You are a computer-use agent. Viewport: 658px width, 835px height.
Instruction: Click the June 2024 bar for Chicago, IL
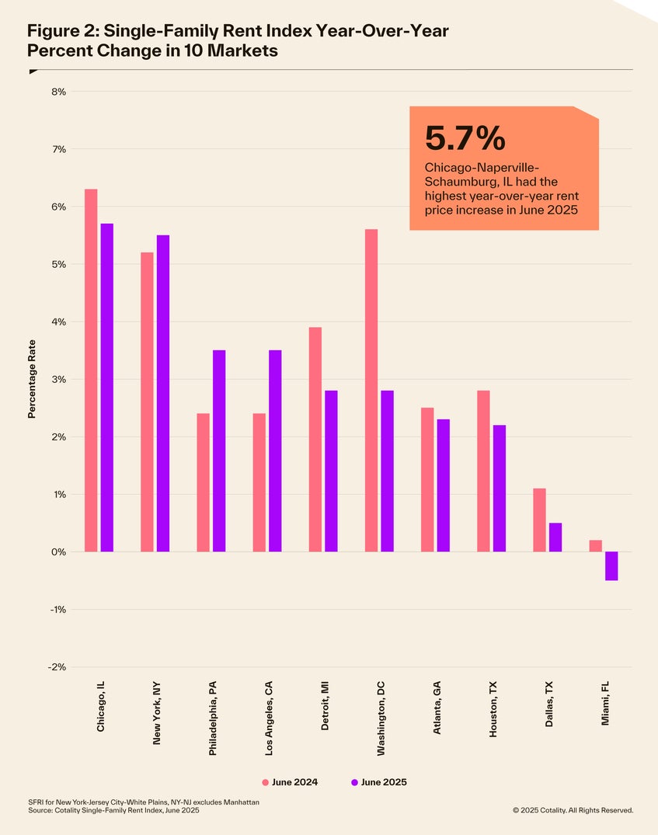pos(91,371)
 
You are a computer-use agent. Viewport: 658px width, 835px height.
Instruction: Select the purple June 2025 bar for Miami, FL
pos(611,566)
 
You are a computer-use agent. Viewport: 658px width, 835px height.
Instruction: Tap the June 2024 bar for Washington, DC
pos(371,391)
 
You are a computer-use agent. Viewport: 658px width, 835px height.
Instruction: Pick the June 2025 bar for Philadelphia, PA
pos(219,451)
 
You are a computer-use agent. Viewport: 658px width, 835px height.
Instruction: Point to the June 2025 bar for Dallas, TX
pos(555,538)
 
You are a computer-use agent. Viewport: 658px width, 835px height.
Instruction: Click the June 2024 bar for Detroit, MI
pos(315,440)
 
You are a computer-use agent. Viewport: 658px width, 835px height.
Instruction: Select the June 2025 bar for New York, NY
pos(163,394)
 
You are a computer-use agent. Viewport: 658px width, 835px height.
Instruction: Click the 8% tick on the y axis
pos(58,92)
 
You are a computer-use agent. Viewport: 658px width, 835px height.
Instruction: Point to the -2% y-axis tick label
pos(57,667)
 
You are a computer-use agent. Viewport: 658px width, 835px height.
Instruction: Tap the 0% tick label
pos(58,552)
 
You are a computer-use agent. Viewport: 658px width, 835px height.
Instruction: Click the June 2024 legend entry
pos(290,782)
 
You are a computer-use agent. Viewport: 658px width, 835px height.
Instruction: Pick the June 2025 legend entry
pos(379,782)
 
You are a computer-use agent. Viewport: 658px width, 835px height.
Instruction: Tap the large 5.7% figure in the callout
pos(465,138)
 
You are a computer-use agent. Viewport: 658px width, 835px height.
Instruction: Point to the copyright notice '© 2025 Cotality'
pos(573,810)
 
